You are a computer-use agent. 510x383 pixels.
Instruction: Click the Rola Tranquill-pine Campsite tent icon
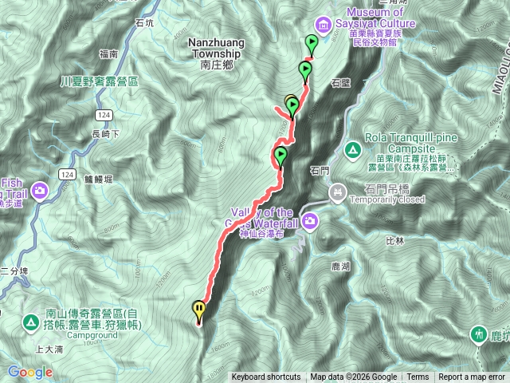tap(353, 148)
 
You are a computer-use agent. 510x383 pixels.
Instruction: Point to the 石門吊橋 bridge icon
tap(339, 191)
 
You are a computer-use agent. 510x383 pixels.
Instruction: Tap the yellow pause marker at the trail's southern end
tap(198, 310)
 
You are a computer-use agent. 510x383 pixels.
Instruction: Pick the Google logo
tap(29, 372)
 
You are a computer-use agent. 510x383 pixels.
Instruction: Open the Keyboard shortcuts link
tap(266, 377)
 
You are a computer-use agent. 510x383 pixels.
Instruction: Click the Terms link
tap(418, 377)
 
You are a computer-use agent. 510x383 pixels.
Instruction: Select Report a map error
tap(473, 377)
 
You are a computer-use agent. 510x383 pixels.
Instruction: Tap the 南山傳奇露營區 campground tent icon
tap(29, 322)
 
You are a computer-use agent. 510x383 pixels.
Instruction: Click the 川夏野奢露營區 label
tap(100, 82)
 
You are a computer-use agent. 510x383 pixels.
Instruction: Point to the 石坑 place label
tap(144, 23)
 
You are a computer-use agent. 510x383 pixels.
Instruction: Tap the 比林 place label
tap(394, 239)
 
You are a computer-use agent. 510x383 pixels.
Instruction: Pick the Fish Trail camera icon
tap(41, 190)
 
